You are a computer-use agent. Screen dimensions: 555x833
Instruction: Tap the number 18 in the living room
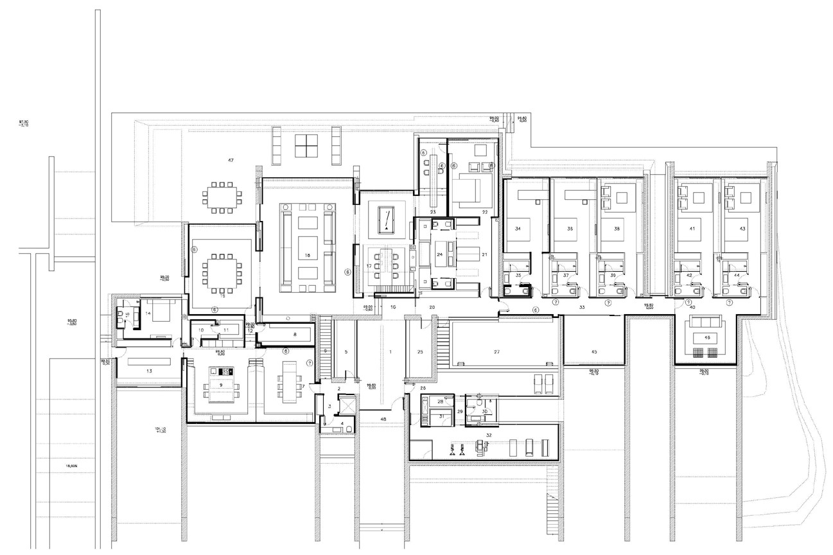point(307,256)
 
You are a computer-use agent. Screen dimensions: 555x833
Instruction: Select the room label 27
point(496,352)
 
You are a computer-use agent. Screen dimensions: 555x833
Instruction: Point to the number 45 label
point(593,351)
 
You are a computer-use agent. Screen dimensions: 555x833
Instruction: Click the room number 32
point(489,436)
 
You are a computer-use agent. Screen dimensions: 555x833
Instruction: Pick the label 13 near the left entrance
point(149,371)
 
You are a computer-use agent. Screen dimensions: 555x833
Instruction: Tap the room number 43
point(742,229)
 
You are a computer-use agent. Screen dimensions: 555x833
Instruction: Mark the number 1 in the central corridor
point(389,352)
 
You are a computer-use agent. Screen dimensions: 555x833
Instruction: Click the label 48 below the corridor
point(383,419)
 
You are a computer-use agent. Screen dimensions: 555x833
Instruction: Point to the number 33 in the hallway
point(582,308)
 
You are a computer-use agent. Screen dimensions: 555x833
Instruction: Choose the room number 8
point(294,335)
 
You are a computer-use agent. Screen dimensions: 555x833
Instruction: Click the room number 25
point(420,352)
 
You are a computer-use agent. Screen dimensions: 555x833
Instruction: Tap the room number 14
point(148,313)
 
